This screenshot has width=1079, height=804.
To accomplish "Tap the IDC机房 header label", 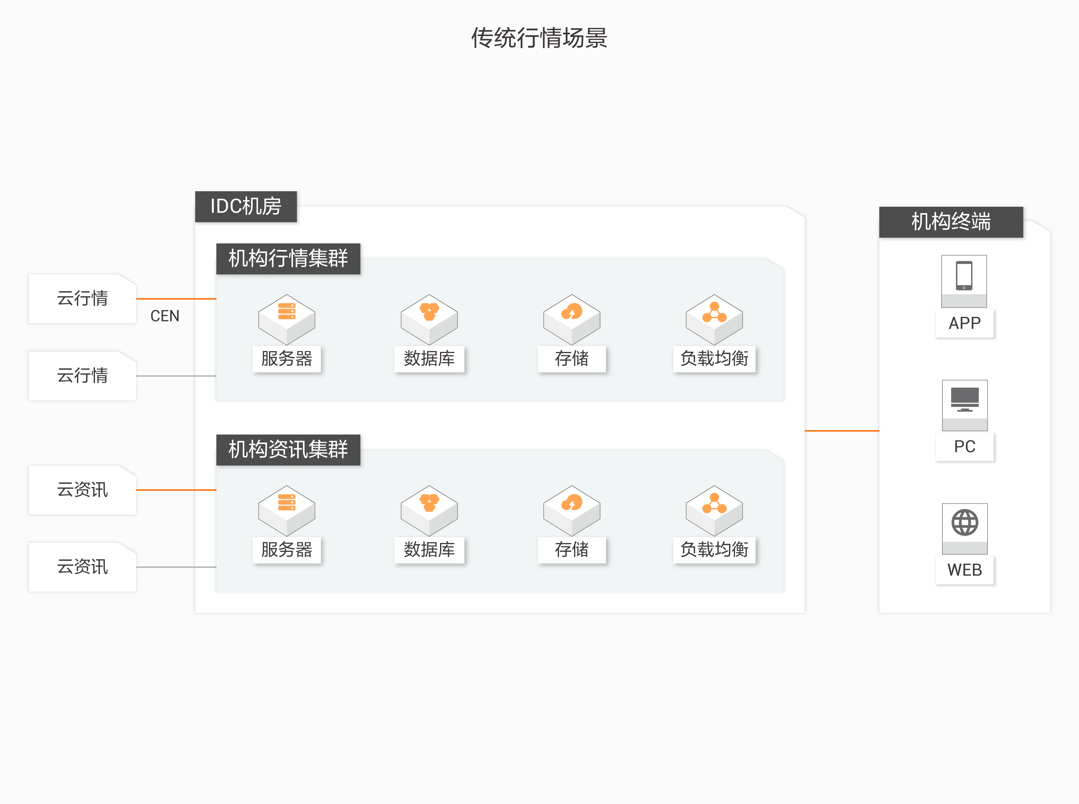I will (x=246, y=206).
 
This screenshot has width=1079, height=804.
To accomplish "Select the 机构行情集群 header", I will (x=288, y=258).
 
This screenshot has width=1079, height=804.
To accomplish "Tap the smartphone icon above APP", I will (x=964, y=276).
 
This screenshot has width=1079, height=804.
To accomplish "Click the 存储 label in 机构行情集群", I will (x=572, y=359).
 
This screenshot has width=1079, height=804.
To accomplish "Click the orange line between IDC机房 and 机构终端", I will (x=842, y=431).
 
